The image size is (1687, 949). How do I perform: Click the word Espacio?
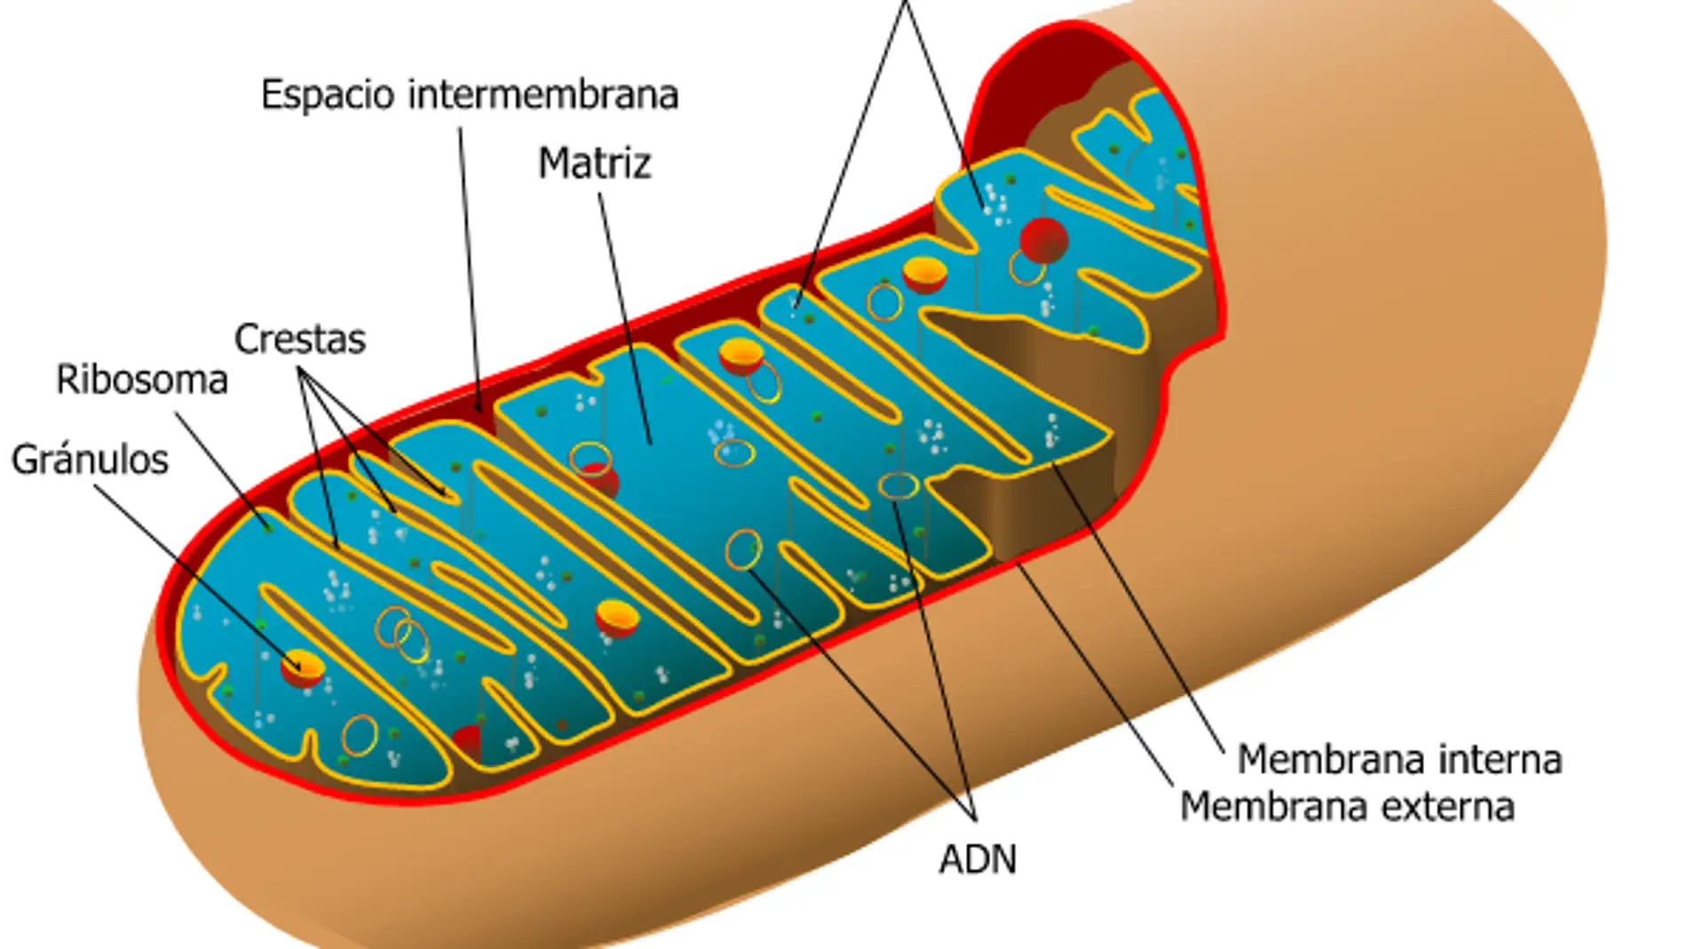coord(327,95)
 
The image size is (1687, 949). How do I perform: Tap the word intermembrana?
coord(543,95)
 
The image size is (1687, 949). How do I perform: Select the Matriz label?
coord(594,163)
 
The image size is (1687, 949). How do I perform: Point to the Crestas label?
coord(299,339)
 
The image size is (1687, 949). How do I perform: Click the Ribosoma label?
coord(141,380)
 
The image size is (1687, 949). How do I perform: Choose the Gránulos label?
coord(89,460)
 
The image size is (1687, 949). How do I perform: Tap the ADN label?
coord(978,859)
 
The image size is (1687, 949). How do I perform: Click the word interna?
coord(1500,760)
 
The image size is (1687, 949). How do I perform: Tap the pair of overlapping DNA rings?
coord(401,633)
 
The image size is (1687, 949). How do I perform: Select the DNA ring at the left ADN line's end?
coord(743,550)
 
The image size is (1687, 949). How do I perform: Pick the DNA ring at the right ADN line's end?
coord(898,486)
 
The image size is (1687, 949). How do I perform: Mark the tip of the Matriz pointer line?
coord(651,443)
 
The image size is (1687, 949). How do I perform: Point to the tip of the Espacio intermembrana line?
coord(480,411)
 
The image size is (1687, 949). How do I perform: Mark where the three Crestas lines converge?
coord(301,371)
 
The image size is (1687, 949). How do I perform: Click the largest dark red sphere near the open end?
coord(1043,240)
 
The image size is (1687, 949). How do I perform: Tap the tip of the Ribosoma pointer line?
coord(271,531)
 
